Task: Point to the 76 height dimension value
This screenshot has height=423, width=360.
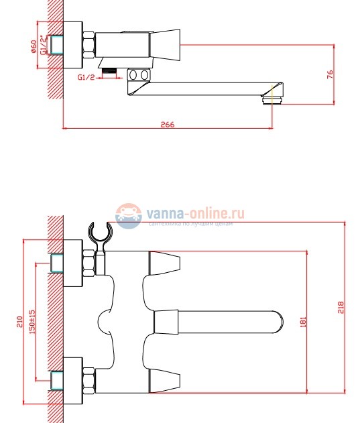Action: coord(329,74)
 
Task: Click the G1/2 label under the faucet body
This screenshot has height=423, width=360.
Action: coord(86,77)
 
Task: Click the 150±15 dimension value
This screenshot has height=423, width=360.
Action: coord(32,321)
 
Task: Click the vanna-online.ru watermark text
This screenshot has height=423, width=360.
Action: coord(194,213)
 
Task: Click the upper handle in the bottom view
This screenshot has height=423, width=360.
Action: coord(164,263)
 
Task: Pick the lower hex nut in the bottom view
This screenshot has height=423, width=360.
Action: coord(88,379)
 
